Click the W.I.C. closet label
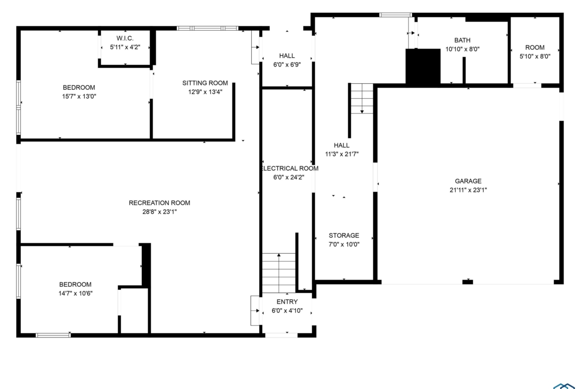(125, 38)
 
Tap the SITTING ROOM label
(205, 83)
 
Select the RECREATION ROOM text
(160, 203)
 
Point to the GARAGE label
(468, 181)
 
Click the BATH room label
(463, 40)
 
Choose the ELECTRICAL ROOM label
(290, 168)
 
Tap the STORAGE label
(344, 235)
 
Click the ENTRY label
(287, 302)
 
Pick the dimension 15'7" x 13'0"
(79, 97)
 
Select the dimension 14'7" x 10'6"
(75, 293)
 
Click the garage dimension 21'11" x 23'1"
(468, 190)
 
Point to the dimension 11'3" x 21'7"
(342, 154)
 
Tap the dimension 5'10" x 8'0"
(535, 56)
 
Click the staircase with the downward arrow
(362, 98)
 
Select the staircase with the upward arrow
(279, 273)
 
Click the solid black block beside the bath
(423, 66)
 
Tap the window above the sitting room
(208, 28)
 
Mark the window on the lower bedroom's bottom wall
(53, 335)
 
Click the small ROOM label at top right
(535, 48)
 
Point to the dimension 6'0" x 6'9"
(287, 65)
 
